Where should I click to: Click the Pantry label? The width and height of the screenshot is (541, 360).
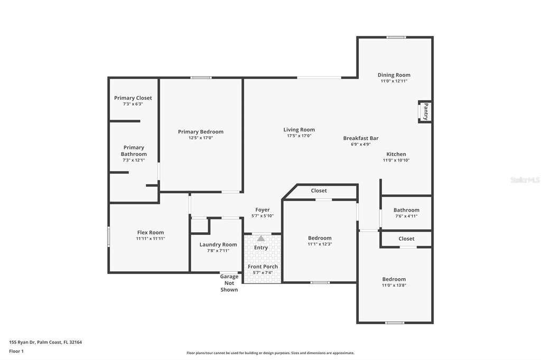[426, 111]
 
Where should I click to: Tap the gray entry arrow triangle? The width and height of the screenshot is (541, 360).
[261, 238]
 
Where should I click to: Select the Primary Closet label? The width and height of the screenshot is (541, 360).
[133, 98]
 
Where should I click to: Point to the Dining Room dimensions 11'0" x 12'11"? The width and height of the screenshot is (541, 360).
[394, 81]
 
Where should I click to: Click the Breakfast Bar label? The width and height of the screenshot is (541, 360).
[361, 138]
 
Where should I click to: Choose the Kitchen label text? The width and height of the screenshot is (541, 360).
[396, 154]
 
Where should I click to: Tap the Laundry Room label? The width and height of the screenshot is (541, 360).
[218, 244]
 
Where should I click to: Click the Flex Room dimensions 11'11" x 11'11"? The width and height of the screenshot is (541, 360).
[151, 238]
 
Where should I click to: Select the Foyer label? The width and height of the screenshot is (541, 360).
[263, 210]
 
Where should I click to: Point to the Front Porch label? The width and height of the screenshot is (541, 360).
[263, 267]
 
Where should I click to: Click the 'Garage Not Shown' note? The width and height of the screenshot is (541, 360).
[229, 283]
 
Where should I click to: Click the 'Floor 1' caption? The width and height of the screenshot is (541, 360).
[16, 352]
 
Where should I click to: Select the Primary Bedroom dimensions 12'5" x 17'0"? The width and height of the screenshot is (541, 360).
[201, 138]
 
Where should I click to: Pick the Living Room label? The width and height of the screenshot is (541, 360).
[299, 130]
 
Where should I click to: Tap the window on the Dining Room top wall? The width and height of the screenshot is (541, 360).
[396, 37]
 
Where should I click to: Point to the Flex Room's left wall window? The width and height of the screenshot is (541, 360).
[109, 236]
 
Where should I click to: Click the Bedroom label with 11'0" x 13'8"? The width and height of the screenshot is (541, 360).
[394, 279]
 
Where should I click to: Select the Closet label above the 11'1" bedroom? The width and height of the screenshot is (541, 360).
[319, 191]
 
